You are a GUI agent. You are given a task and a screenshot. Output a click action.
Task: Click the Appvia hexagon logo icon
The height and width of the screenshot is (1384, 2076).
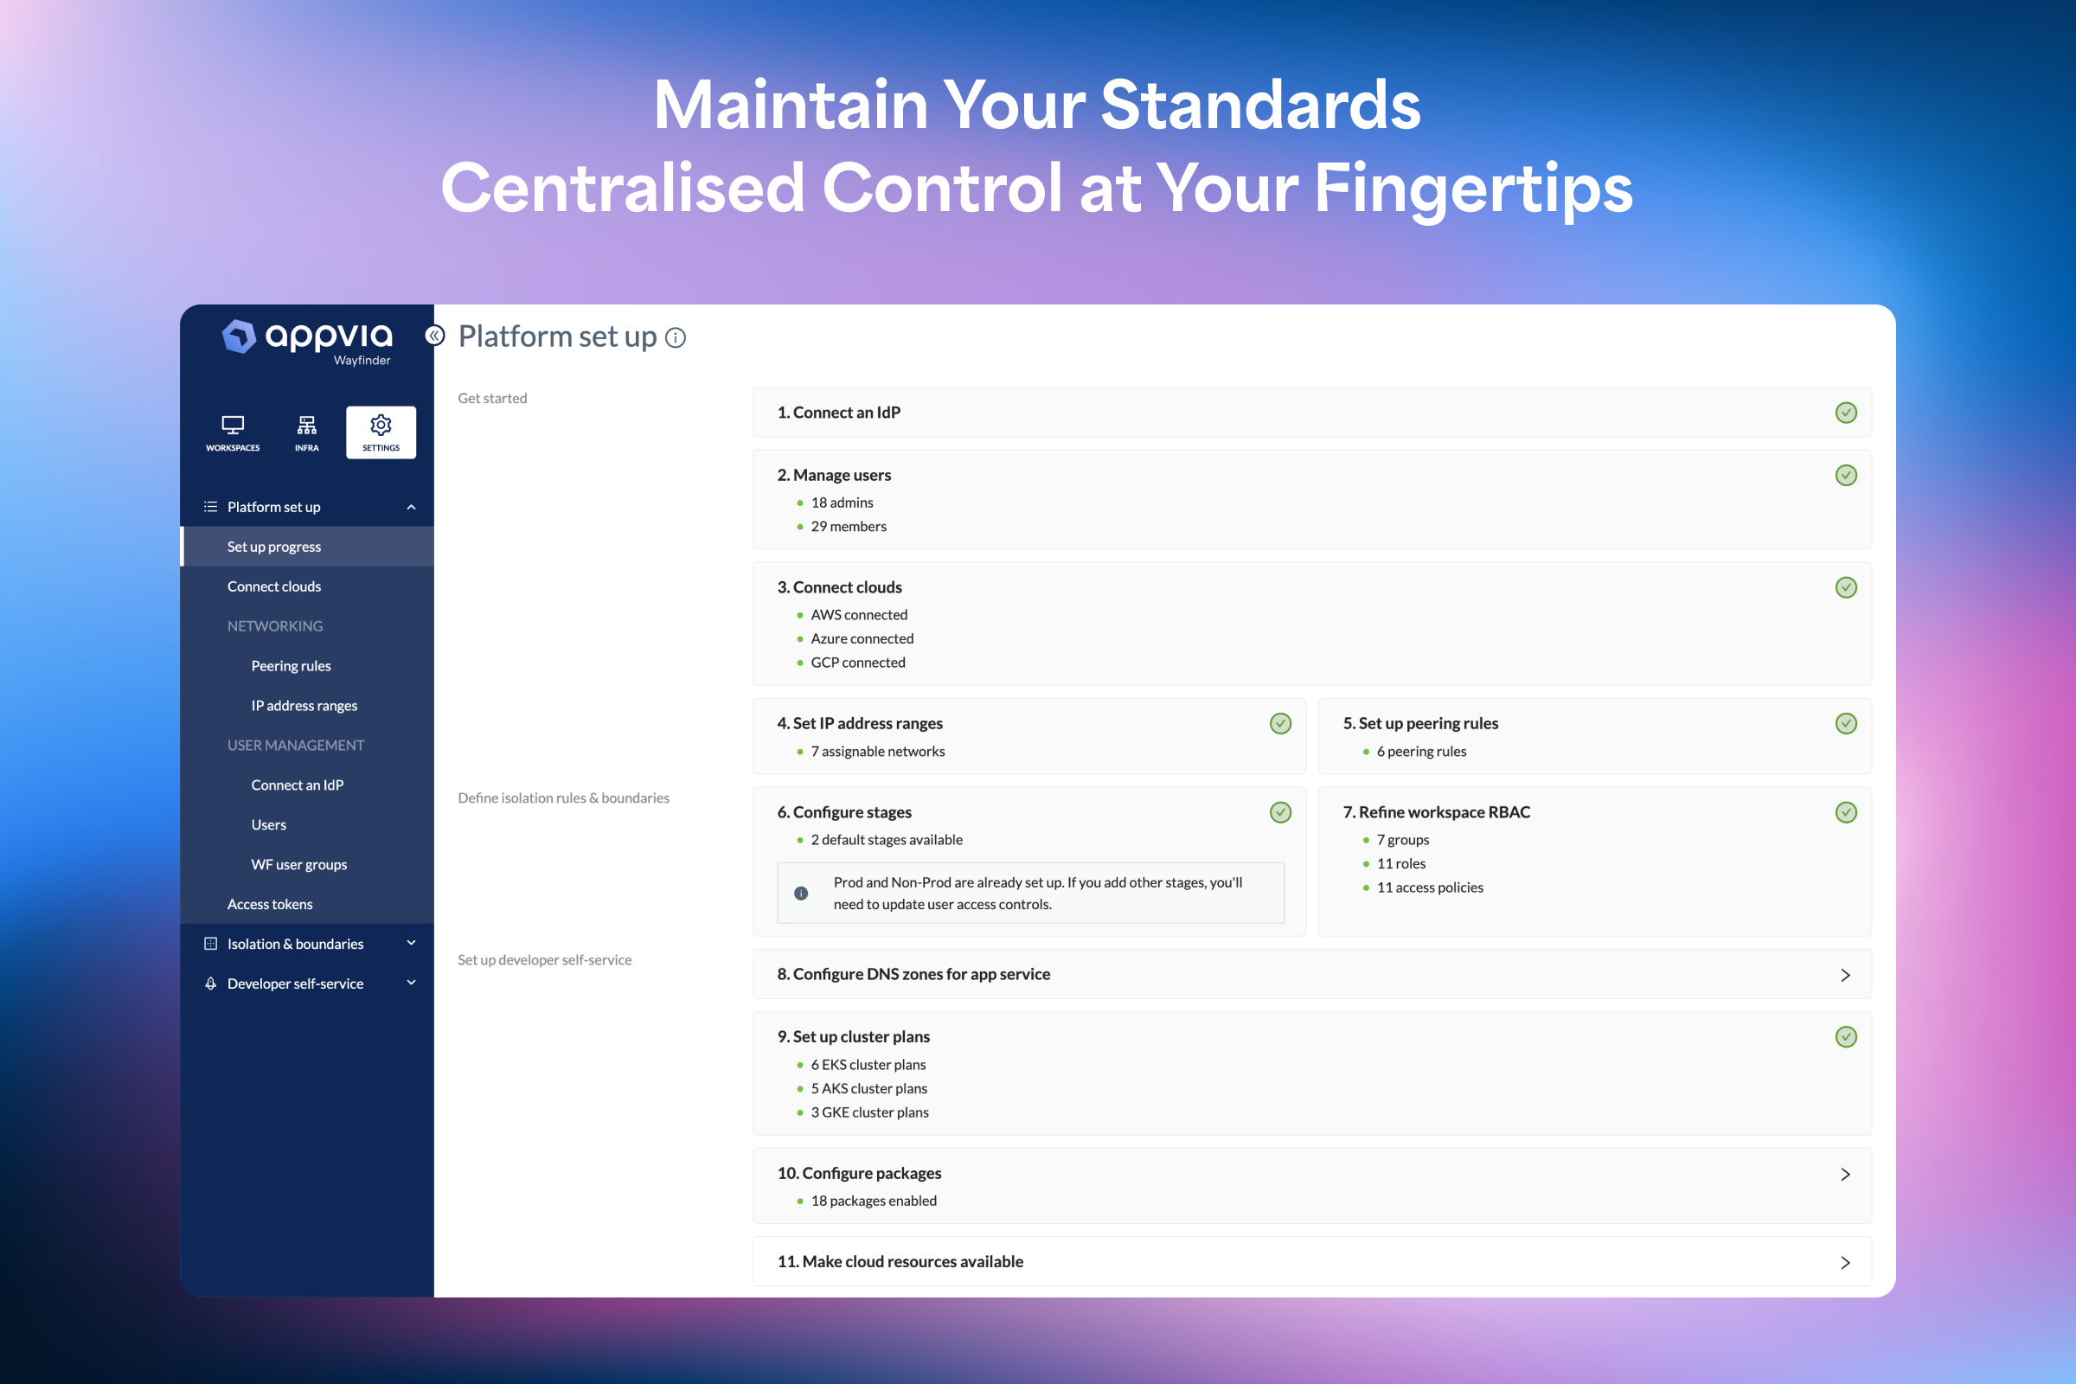pos(239,336)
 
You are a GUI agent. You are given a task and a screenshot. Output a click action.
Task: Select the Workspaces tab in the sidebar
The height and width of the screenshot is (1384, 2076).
pos(233,432)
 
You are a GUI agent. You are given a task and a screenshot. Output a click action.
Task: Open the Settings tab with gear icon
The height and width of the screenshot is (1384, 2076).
pos(381,432)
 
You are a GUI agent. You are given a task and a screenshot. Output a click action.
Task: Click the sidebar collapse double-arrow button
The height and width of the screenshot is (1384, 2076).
pos(434,336)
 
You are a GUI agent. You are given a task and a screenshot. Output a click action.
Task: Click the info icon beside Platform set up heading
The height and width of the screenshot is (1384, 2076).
pos(676,338)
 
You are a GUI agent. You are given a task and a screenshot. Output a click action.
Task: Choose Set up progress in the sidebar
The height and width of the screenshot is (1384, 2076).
pos(273,547)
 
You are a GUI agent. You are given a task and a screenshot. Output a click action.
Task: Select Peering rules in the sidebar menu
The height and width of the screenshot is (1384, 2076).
pos(291,665)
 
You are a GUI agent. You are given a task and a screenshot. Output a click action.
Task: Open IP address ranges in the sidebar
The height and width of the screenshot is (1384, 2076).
pos(304,705)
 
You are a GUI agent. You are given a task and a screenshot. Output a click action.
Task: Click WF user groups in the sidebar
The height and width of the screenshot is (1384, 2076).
pos(298,864)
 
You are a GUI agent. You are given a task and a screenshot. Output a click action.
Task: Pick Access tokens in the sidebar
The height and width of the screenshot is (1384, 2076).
pos(269,904)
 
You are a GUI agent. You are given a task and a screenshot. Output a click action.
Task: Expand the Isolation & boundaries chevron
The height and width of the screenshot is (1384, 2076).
pos(412,943)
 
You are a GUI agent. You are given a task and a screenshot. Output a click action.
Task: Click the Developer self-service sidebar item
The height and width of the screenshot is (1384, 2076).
pos(295,984)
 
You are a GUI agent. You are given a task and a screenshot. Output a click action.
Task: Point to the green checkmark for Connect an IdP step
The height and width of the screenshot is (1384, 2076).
pos(1846,413)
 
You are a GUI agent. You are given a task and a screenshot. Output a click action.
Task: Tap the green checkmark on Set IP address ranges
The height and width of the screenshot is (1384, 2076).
pos(1280,723)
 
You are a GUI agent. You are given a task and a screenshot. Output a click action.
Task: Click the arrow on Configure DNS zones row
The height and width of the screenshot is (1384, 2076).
pos(1845,975)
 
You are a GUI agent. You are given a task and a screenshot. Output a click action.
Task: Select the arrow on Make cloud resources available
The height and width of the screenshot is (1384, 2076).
pos(1845,1262)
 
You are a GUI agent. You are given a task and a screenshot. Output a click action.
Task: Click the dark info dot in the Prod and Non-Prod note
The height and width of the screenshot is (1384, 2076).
pos(801,894)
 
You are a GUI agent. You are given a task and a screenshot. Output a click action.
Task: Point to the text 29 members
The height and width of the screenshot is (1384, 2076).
pos(849,526)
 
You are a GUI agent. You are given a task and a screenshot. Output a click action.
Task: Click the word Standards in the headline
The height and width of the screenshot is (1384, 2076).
pos(1259,105)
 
